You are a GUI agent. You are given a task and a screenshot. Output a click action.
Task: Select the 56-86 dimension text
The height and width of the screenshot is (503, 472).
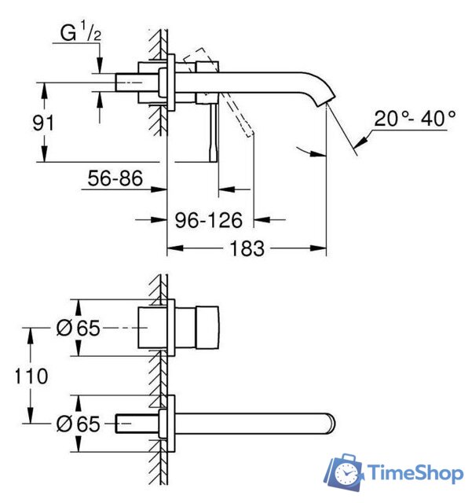click(115, 179)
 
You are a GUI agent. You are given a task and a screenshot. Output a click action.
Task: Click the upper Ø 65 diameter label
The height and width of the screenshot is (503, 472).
click(79, 328)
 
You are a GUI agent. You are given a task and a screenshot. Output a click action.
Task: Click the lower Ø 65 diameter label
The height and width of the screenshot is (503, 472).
click(79, 424)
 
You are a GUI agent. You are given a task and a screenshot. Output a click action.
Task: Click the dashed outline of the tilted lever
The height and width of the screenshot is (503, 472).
click(236, 110)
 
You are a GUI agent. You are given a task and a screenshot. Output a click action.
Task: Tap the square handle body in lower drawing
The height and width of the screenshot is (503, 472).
click(196, 328)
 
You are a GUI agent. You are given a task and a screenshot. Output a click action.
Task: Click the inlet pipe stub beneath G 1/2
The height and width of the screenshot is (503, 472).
click(128, 82)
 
